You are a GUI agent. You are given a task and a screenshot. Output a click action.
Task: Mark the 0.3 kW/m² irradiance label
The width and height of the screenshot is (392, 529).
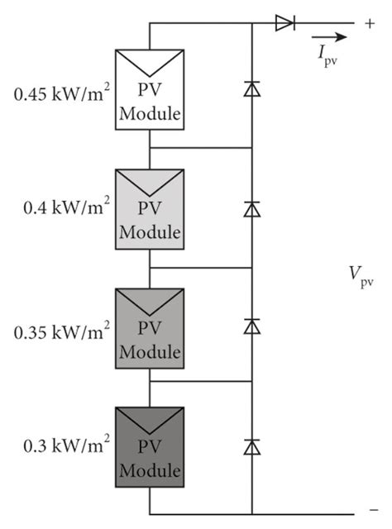pos(64,450)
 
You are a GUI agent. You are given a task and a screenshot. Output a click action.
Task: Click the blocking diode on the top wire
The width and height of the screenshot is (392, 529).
pos(285,24)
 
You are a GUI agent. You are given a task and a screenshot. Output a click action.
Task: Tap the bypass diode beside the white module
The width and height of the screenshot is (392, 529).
pos(251,89)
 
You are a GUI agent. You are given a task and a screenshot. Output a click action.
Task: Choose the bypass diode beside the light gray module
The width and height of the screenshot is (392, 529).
pos(251,208)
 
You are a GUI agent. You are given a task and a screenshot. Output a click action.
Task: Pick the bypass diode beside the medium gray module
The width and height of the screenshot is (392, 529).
pos(251,327)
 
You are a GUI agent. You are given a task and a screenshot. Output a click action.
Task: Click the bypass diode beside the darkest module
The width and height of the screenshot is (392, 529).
pos(251,446)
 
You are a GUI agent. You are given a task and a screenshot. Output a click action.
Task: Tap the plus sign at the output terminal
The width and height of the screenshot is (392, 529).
pos(368,23)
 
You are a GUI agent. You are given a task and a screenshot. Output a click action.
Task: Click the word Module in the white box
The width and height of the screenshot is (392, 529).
pos(149,114)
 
